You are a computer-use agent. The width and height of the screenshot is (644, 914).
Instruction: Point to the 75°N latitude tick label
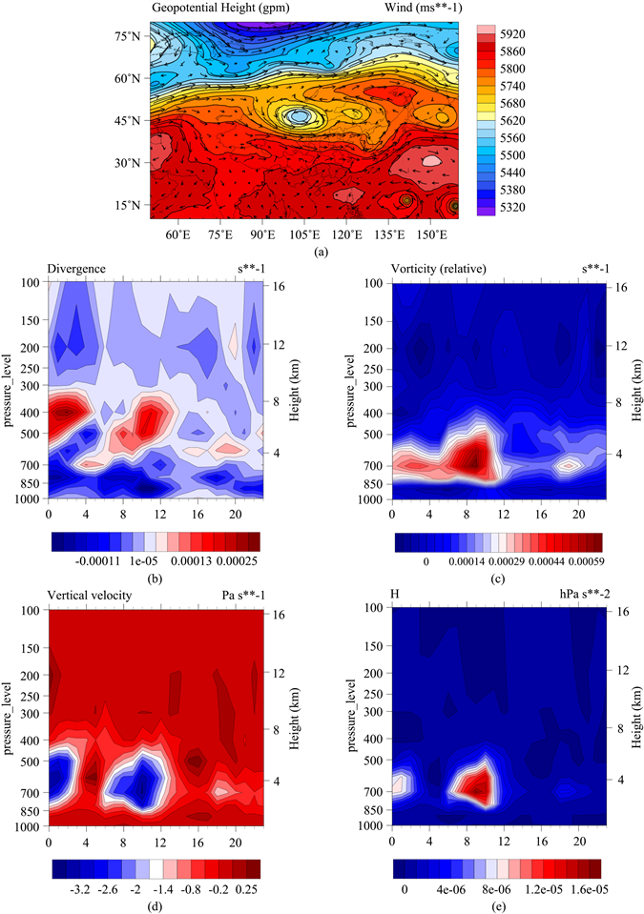[x=126, y=36]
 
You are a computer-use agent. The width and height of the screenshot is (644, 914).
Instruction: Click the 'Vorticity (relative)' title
[x=438, y=271]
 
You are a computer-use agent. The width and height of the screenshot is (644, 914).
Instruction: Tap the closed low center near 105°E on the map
[x=300, y=115]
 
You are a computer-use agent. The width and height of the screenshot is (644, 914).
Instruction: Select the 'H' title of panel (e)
[x=397, y=596]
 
